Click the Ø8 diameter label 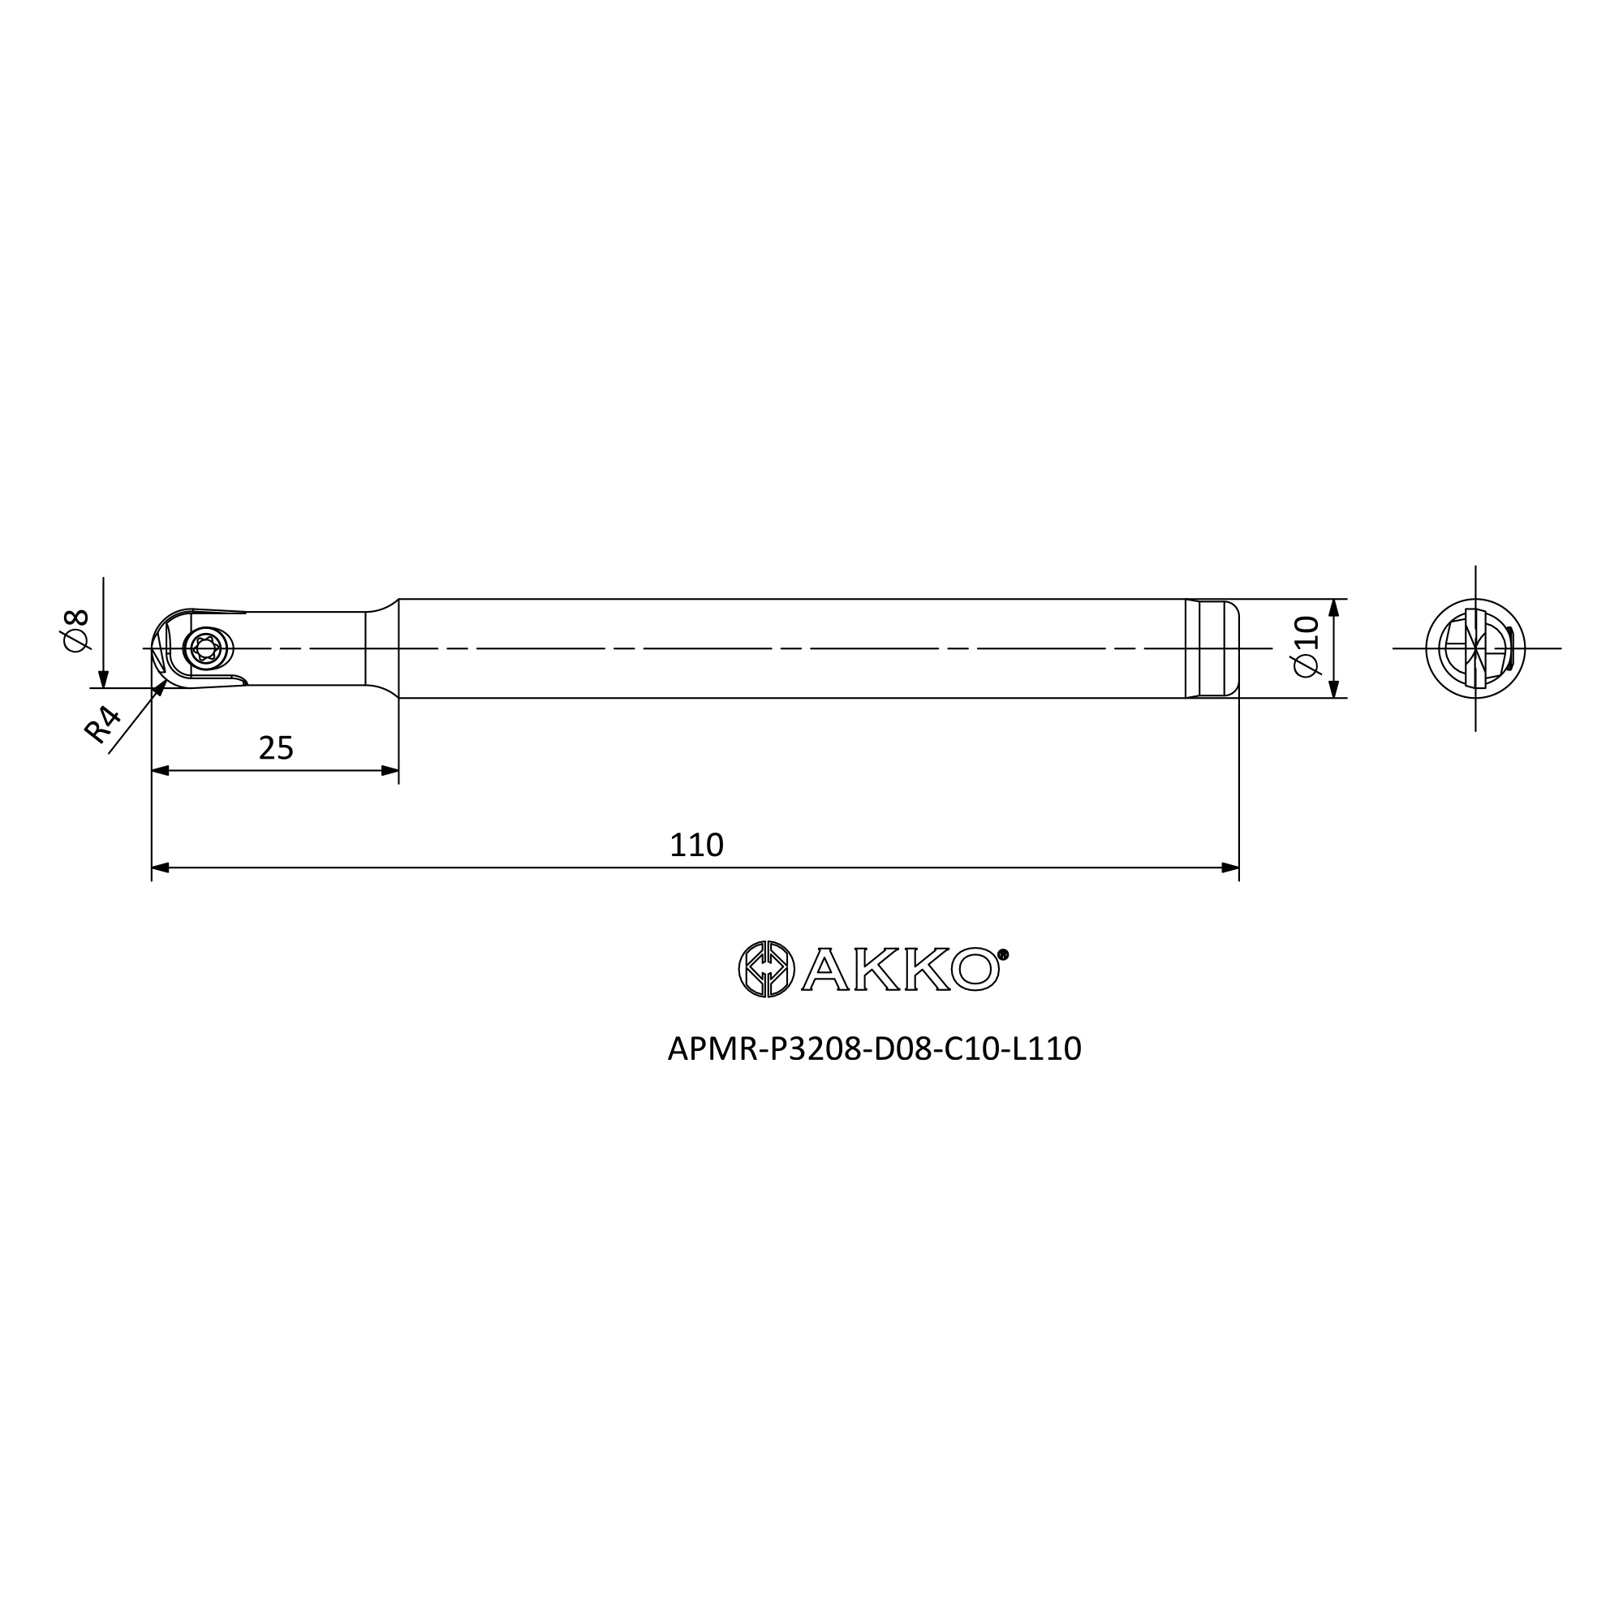(x=75, y=630)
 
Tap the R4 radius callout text (x=102, y=725)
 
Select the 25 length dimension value (x=276, y=747)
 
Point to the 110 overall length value (x=696, y=845)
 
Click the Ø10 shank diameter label (x=1307, y=646)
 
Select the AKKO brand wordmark (x=901, y=970)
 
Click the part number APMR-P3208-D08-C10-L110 (x=875, y=1048)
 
